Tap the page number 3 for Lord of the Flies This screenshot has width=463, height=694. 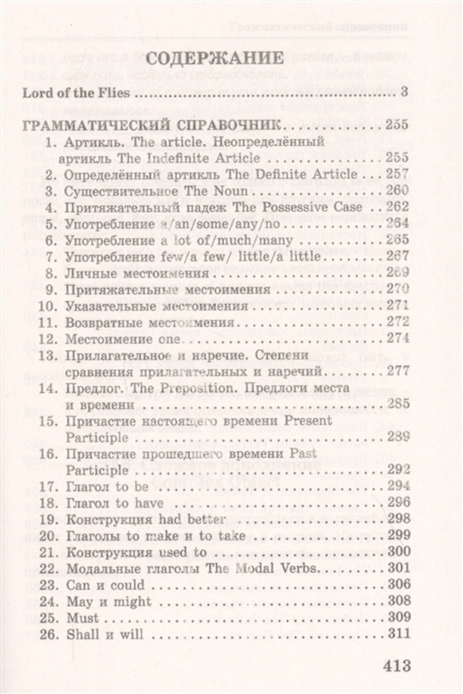pyautogui.click(x=404, y=94)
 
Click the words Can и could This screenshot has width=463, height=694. pyautogui.click(x=104, y=585)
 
